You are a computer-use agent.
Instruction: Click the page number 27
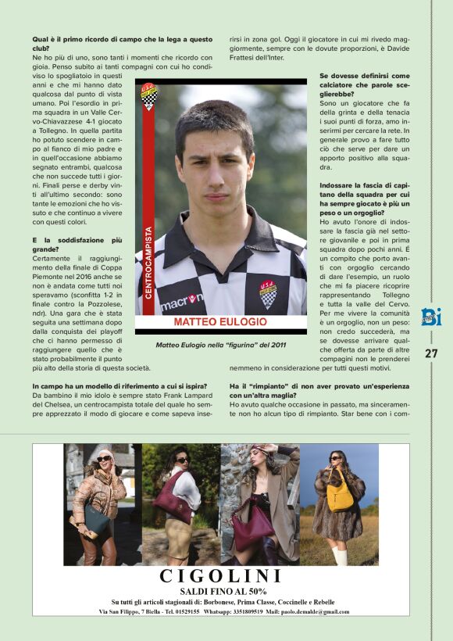click(430, 353)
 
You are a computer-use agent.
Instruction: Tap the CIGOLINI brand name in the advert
click(220, 577)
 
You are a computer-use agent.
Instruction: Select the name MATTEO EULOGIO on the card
click(225, 322)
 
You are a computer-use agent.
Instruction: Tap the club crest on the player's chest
click(268, 294)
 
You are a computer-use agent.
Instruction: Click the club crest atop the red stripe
click(148, 97)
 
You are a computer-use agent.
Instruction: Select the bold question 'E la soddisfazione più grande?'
click(78, 245)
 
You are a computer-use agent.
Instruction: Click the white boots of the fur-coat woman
click(340, 556)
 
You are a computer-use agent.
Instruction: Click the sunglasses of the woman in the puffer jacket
click(103, 459)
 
